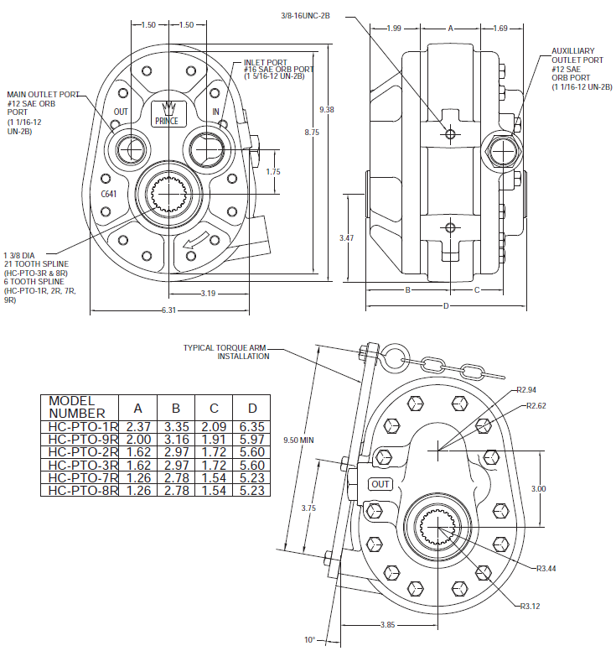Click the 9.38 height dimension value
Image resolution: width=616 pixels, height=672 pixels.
[x=327, y=109]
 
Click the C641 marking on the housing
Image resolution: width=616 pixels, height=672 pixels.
[x=108, y=194]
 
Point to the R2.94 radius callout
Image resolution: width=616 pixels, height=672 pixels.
[x=526, y=390]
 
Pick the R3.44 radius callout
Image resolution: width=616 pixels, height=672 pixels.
[x=546, y=568]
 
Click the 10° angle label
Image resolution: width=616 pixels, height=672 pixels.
[x=310, y=640]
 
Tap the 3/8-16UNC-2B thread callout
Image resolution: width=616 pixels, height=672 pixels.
[x=306, y=15]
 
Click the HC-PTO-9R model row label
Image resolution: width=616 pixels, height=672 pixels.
[x=82, y=439]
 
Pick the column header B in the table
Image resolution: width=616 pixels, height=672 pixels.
[x=176, y=408]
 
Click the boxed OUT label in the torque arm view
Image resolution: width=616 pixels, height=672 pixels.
[x=380, y=484]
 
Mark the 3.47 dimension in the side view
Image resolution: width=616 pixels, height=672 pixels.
[x=346, y=238]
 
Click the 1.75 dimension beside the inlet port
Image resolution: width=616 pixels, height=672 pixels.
[x=273, y=171]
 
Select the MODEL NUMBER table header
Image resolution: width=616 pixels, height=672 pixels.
[x=77, y=407]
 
